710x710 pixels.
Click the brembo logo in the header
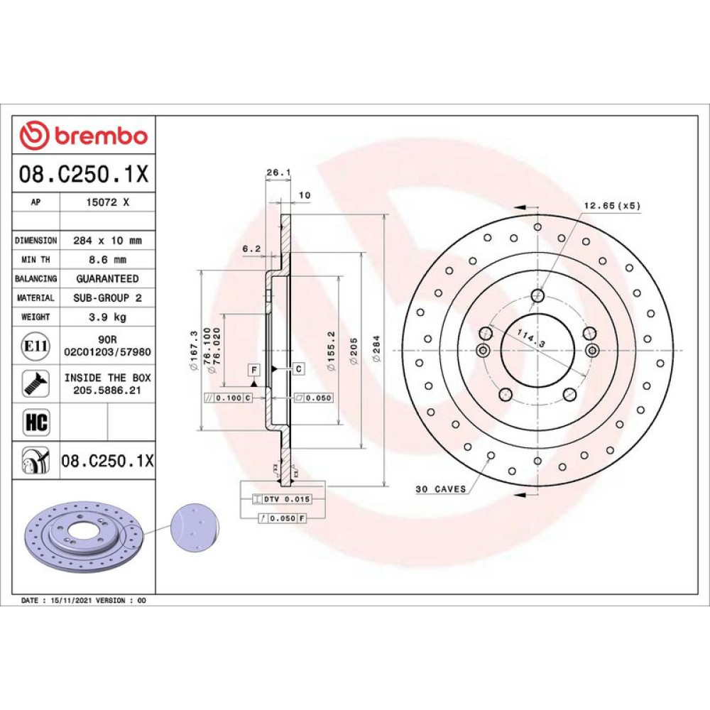point(84,136)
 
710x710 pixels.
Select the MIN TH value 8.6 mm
point(107,259)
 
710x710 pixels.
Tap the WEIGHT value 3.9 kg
point(107,317)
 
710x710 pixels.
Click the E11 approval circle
point(35,346)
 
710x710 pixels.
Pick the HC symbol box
point(35,422)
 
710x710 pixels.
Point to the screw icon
point(35,383)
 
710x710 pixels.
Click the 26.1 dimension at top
point(278,173)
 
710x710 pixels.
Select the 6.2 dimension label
point(252,248)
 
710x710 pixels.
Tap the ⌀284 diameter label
point(376,349)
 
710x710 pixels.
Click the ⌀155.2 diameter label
point(331,351)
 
